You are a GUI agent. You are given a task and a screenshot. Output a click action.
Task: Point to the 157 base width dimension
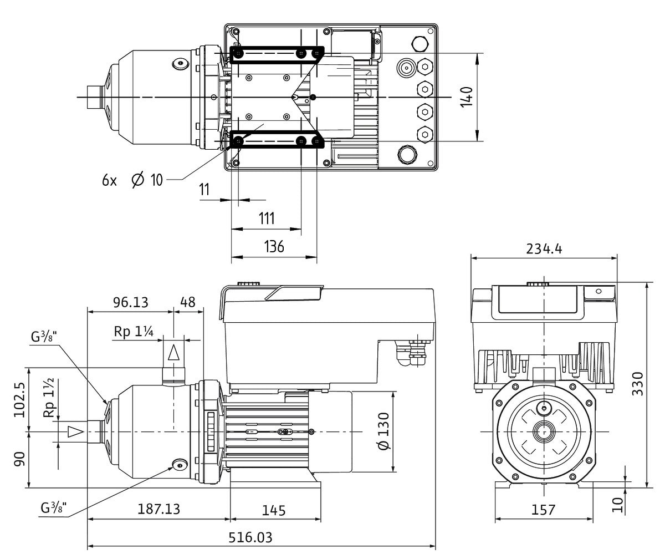tap(543, 509)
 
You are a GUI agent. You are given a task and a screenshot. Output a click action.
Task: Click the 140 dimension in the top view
tap(467, 97)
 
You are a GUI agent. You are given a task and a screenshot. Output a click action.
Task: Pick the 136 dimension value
tap(274, 246)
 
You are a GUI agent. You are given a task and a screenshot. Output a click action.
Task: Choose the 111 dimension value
tap(266, 218)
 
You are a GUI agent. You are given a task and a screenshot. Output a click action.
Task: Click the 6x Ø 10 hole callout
tap(132, 180)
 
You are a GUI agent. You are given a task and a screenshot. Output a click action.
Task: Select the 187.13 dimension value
tap(158, 509)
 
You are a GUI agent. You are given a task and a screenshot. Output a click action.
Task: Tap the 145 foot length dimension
tap(274, 509)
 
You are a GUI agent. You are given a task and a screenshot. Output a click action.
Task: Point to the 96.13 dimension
tap(131, 302)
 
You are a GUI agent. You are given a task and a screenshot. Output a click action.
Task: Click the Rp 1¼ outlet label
tap(134, 331)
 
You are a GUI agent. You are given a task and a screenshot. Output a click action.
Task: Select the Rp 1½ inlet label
tap(49, 397)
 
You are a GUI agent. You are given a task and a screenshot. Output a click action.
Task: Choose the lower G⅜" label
tap(54, 507)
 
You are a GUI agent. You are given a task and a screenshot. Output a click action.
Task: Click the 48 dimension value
tap(188, 302)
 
